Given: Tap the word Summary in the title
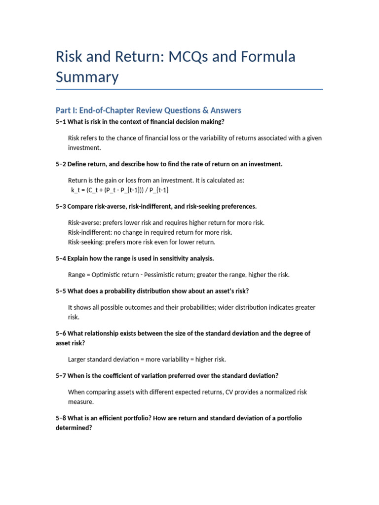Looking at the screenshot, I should (x=87, y=77).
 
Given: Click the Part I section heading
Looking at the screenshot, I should (x=149, y=110).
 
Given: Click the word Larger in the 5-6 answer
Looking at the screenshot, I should (x=78, y=359).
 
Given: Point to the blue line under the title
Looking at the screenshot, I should (x=189, y=89).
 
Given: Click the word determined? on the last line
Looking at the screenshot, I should (x=74, y=428).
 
